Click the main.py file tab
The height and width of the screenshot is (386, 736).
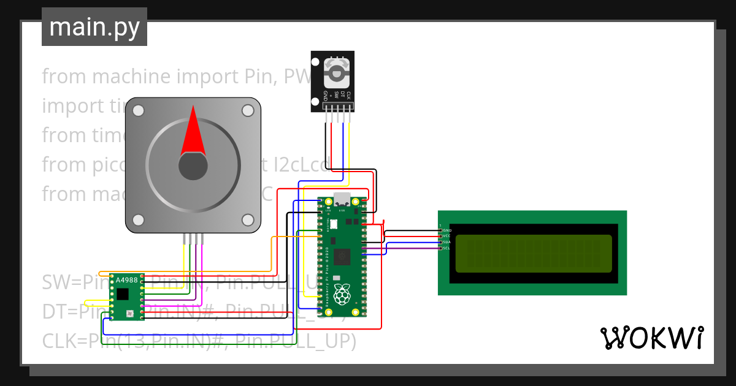pyautogui.click(x=94, y=27)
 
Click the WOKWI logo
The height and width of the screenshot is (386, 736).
pyautogui.click(x=652, y=338)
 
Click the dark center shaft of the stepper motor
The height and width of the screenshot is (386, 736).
pyautogui.click(x=193, y=167)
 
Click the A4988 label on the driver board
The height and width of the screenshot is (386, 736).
pyautogui.click(x=127, y=281)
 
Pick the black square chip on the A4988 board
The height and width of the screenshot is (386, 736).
pyautogui.click(x=123, y=294)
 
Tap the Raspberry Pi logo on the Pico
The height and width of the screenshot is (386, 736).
pyautogui.click(x=342, y=295)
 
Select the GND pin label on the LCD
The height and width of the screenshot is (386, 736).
pyautogui.click(x=447, y=230)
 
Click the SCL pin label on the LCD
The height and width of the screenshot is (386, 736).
pyautogui.click(x=447, y=248)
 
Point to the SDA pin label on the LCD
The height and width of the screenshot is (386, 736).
pyautogui.click(x=447, y=242)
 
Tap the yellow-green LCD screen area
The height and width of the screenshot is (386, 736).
pyautogui.click(x=533, y=254)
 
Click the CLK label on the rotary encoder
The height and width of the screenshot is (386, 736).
pyautogui.click(x=348, y=95)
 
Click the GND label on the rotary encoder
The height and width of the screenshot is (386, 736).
pyautogui.click(x=325, y=95)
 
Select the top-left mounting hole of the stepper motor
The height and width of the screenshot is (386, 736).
pyautogui.click(x=139, y=110)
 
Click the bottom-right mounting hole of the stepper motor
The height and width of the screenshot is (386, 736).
pyautogui.click(x=248, y=219)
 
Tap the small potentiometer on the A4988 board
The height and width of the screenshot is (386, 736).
pyautogui.click(x=129, y=314)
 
